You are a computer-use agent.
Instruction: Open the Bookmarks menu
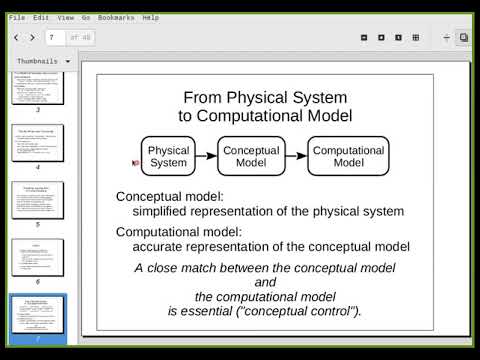pos(115,17)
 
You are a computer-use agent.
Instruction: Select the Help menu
pos(150,17)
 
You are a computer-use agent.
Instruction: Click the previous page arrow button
pos(16,37)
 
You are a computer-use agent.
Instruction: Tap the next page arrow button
pos(32,37)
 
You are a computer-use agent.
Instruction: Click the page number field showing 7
pos(55,37)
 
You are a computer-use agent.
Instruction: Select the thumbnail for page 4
pos(37,144)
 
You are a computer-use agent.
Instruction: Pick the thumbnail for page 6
pos(37,258)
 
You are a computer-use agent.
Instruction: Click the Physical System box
pos(168,156)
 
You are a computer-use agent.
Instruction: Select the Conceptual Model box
pos(250,156)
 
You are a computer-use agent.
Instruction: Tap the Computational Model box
pos(348,156)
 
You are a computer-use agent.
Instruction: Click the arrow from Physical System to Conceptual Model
pos(206,156)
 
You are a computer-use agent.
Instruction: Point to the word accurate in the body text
pos(159,246)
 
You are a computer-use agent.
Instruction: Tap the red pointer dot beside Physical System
pos(135,162)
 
